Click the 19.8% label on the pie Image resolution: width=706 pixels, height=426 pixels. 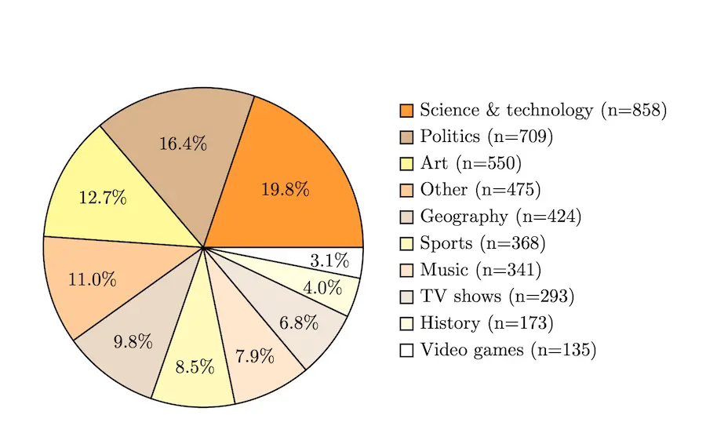(285, 189)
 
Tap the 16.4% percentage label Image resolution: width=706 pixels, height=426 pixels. (183, 144)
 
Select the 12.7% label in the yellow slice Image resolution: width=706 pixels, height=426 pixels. (103, 197)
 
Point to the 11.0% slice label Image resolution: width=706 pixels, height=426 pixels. (93, 280)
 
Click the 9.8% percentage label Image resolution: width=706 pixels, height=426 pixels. (133, 342)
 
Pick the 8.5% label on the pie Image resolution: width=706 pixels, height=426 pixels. (195, 366)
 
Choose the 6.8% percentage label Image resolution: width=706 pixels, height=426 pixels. (299, 322)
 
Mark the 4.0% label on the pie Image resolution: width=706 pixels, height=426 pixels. (322, 288)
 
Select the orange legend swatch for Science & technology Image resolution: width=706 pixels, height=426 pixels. (406, 110)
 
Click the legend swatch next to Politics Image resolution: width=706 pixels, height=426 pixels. (406, 137)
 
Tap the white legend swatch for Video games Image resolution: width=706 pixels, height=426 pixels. (406, 350)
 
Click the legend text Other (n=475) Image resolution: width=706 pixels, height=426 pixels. (480, 190)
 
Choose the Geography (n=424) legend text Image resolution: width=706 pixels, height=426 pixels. (500, 217)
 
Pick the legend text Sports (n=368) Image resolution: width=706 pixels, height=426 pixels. (482, 243)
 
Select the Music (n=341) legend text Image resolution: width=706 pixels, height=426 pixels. (480, 270)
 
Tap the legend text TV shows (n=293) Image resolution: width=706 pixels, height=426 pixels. (497, 297)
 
